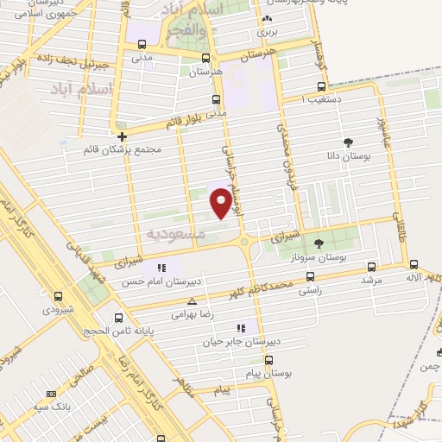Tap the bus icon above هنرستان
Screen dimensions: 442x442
(x=205, y=59)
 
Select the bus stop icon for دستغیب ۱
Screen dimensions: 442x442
(x=321, y=86)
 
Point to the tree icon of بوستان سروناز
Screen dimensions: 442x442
(x=318, y=243)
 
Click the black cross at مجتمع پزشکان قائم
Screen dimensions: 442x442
(x=122, y=136)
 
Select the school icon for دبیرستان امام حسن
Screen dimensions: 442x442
(x=161, y=267)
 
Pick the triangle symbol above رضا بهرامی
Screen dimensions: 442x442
(x=192, y=301)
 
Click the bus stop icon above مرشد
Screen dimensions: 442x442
(x=372, y=267)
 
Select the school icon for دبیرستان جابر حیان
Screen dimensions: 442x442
(x=240, y=327)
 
